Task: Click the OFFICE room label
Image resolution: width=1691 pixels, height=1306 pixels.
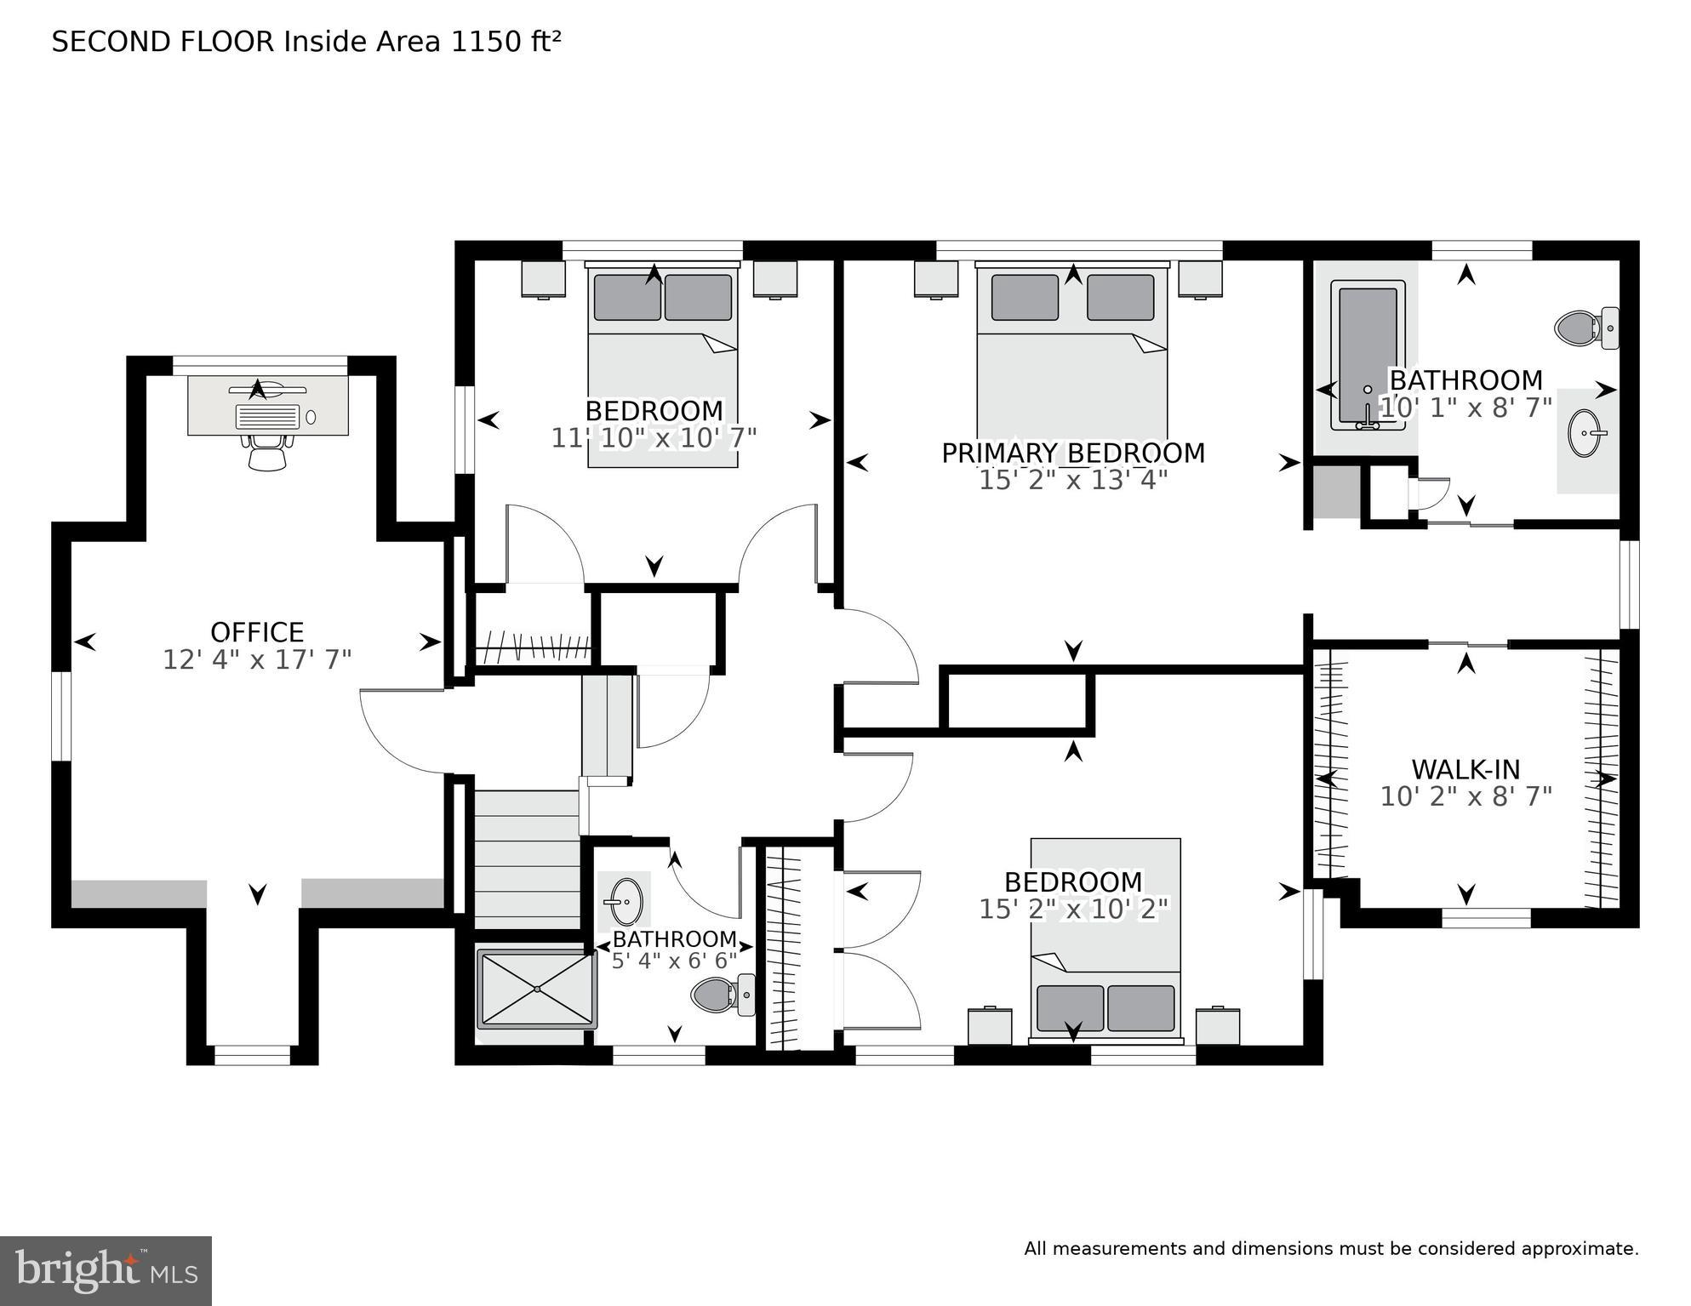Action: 257,632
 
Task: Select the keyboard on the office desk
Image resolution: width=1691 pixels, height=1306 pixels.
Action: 268,417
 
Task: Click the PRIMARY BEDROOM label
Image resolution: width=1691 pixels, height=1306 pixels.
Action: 1072,453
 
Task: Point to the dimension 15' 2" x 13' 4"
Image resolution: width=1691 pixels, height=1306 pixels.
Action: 1072,481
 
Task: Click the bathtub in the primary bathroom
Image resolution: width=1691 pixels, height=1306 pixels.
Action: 1368,356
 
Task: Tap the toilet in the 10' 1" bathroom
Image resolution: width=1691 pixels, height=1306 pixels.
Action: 1585,328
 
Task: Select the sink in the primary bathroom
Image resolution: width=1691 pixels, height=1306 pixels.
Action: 1585,433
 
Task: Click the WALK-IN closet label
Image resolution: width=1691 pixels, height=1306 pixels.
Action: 1465,769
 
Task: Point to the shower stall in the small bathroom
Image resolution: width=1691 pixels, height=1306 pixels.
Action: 536,989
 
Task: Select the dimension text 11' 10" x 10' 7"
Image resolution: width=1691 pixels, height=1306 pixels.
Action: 654,438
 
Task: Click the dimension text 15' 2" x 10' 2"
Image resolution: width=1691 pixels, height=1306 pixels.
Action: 1073,909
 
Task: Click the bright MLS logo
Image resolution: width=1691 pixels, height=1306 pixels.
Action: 106,1271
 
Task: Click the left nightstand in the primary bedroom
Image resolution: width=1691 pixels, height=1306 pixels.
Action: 935,278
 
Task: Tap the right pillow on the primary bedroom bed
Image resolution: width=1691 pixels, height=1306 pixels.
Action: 1120,297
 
